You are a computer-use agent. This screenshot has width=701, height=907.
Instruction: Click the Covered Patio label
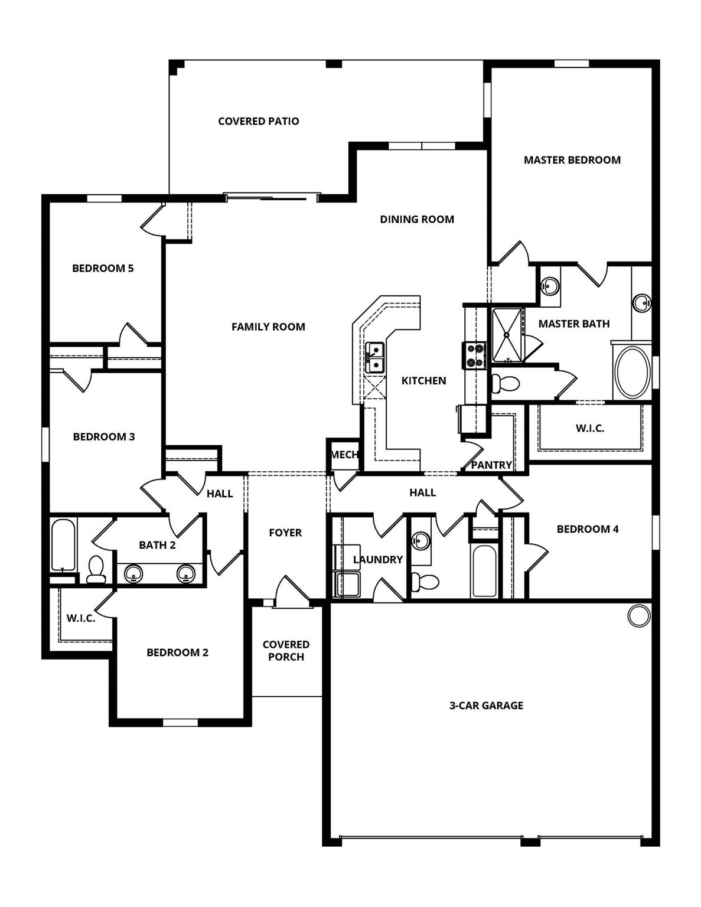pos(258,121)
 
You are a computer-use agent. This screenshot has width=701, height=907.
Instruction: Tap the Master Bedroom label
pos(572,159)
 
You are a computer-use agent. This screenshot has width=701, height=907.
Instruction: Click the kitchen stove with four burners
pos(475,355)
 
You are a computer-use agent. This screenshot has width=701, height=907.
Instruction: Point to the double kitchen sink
pos(374,358)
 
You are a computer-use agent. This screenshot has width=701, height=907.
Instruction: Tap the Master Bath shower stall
pos(508,335)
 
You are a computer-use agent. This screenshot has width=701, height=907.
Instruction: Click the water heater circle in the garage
pos(638,616)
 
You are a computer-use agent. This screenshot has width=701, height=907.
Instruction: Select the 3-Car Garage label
pos(486,705)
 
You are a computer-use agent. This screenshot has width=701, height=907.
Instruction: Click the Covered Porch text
pos(286,650)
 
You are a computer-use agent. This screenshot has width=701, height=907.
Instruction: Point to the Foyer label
pos(285,533)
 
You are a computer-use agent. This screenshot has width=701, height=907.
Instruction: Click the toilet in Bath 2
pos(96,569)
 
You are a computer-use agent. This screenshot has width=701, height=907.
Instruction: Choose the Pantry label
pos(491,465)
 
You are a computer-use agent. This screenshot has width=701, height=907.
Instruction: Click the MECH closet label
pos(344,455)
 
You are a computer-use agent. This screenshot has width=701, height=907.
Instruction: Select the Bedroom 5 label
pos(103,268)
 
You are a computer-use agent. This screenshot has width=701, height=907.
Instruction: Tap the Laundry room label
pos(377,559)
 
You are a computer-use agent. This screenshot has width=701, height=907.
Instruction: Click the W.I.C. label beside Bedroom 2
pos(80,618)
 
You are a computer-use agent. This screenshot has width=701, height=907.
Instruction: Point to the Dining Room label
pos(417,219)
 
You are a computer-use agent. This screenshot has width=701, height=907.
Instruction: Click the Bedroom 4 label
pos(588,529)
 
